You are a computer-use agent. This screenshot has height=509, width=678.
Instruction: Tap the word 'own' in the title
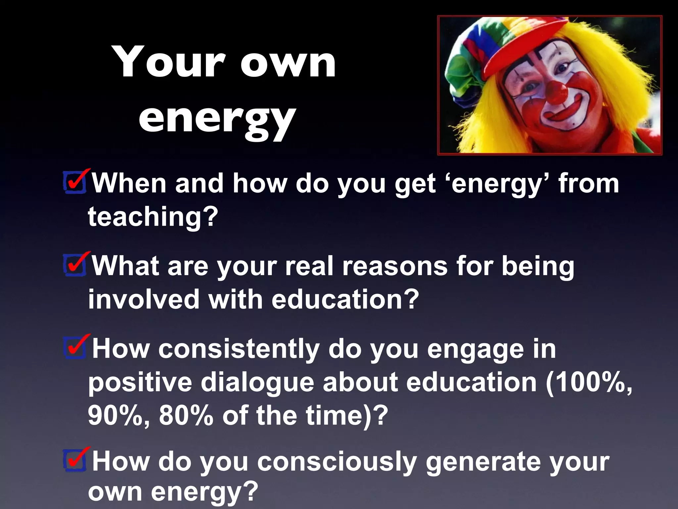click(288, 63)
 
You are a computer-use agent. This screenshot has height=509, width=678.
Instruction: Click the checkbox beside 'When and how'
click(75, 182)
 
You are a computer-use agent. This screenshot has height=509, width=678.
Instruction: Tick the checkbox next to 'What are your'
click(75, 265)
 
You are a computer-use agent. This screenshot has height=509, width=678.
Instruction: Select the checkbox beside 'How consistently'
click(75, 348)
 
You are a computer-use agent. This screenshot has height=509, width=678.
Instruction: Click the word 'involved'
click(143, 299)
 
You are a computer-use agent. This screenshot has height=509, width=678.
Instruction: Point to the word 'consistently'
click(239, 349)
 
